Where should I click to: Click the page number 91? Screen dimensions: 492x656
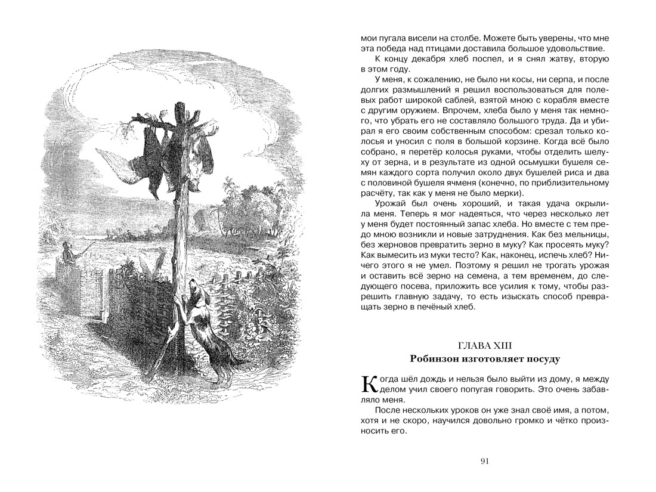[x=484, y=460]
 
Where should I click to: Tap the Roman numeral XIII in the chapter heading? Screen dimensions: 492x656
[x=502, y=345]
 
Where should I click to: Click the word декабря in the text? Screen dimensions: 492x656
[x=434, y=60]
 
